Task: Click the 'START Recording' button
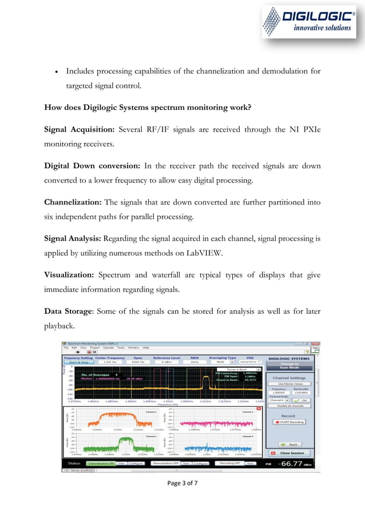click(289, 421)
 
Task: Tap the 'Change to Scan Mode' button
click(289, 366)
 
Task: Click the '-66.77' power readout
click(291, 464)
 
